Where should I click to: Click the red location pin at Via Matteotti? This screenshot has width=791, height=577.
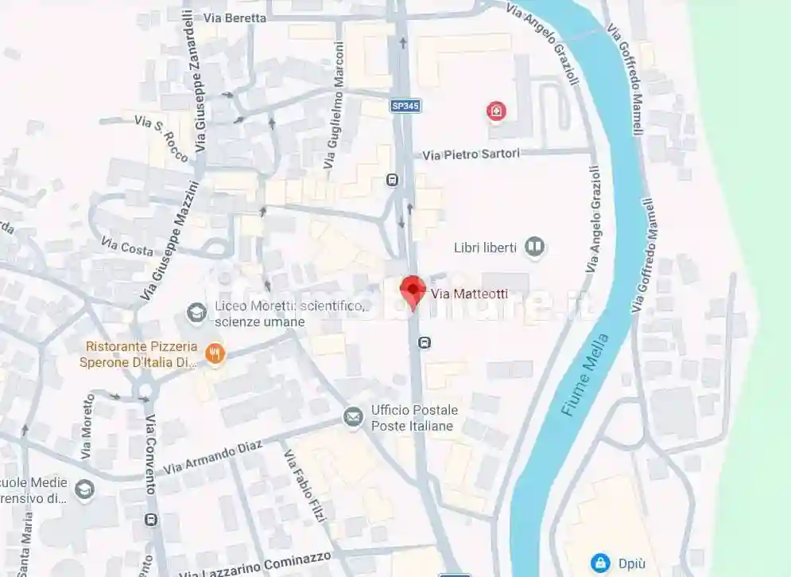[412, 290]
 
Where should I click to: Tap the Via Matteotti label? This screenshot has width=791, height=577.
[469, 294]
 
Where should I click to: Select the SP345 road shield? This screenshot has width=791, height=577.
[405, 105]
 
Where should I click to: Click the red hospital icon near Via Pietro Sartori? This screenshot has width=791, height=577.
[496, 111]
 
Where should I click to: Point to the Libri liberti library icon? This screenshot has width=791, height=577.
[534, 248]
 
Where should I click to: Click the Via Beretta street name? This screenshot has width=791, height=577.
[235, 18]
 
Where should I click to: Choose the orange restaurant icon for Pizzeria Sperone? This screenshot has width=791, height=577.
[214, 353]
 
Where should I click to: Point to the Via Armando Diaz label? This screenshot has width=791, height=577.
[211, 459]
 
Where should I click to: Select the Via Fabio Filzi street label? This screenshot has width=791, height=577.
[305, 486]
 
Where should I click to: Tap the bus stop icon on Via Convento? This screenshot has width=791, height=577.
[151, 520]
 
